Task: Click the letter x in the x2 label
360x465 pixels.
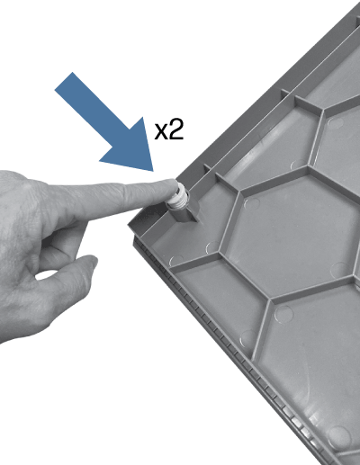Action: (x=161, y=132)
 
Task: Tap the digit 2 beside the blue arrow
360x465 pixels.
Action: (x=175, y=130)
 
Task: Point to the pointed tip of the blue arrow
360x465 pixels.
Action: (x=153, y=171)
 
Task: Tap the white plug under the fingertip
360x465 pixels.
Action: (x=178, y=197)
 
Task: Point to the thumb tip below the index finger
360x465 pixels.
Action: (x=92, y=260)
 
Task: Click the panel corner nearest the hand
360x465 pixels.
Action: (x=130, y=224)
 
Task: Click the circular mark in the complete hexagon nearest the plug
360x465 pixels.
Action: (x=251, y=204)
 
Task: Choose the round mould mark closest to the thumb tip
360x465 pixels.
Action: (x=176, y=262)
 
